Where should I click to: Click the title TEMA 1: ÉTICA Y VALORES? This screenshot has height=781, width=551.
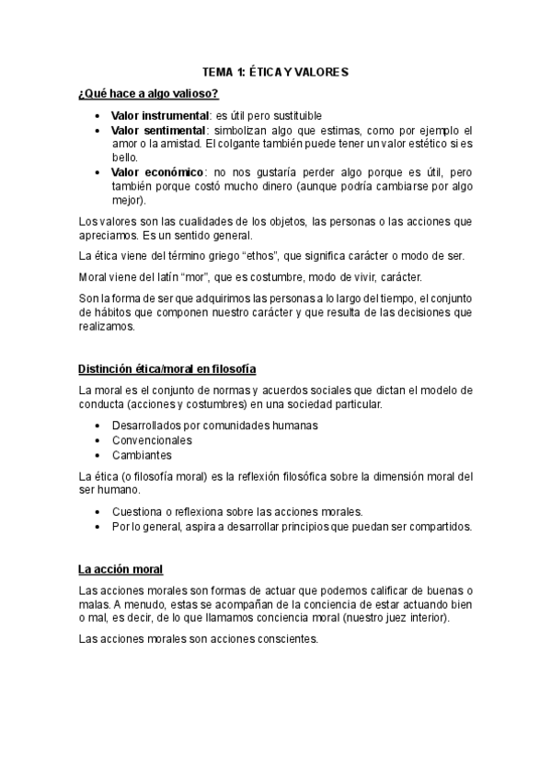[275, 71]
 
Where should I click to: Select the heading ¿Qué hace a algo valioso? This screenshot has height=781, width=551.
[148, 93]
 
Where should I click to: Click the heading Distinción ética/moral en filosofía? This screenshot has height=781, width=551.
[174, 370]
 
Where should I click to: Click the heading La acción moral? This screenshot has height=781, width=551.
[121, 569]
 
